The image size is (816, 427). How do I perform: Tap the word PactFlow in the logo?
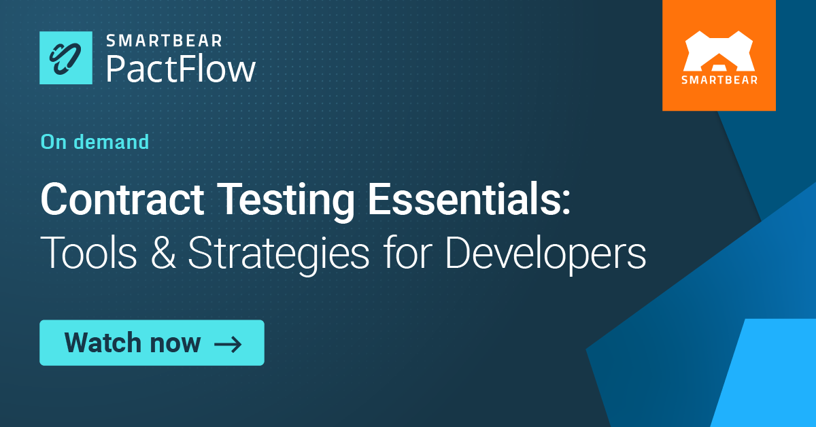coord(180,69)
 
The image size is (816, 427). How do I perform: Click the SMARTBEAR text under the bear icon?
coord(719,80)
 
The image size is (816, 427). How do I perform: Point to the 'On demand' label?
coord(95,141)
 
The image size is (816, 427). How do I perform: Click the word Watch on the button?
coord(103,343)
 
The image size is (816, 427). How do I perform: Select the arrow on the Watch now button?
coord(228,343)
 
